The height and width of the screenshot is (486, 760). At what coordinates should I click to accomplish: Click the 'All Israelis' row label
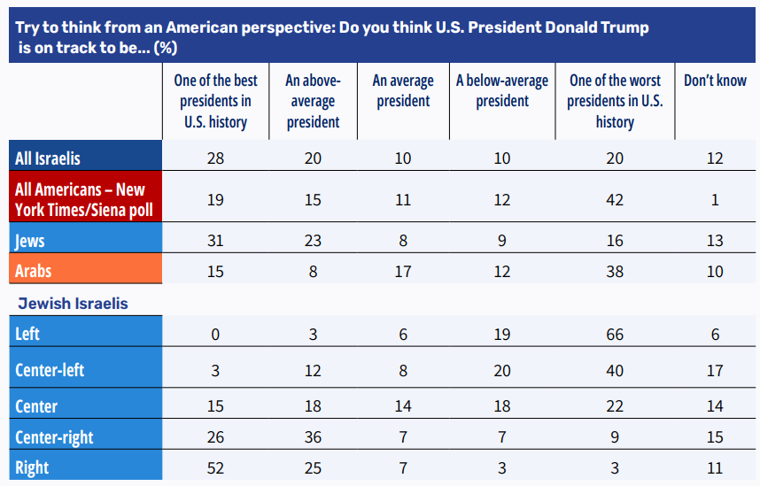[48, 158]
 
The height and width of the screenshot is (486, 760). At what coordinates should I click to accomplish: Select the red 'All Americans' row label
[84, 199]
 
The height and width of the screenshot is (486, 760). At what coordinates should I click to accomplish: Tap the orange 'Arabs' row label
[33, 271]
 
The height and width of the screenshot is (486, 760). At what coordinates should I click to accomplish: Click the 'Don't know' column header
[715, 81]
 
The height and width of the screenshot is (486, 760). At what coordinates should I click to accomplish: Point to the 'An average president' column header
[403, 90]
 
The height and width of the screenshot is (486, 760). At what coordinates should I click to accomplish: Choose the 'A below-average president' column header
[502, 90]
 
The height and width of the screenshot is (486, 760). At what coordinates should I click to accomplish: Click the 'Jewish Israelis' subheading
[74, 304]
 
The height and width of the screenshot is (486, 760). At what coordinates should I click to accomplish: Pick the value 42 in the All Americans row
[615, 200]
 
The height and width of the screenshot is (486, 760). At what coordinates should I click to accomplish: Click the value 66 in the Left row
[615, 335]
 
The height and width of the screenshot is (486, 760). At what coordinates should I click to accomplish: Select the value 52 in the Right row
[215, 468]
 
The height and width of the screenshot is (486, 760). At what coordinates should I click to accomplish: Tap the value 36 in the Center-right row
[313, 437]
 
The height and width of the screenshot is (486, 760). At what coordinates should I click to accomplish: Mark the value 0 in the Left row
[215, 335]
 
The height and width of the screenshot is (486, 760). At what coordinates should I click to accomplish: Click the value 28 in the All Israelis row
[215, 158]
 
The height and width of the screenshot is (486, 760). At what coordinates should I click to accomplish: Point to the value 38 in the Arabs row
[615, 272]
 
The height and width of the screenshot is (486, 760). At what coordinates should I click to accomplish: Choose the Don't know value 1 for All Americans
[715, 200]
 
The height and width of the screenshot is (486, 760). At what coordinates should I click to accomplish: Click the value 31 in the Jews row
[215, 240]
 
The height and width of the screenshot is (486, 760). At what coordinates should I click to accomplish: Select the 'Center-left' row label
[50, 370]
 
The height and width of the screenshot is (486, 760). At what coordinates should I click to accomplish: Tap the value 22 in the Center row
[615, 406]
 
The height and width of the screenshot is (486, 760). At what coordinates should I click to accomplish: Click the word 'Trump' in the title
[624, 27]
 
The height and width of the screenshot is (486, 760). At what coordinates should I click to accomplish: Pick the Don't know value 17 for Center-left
[715, 371]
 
